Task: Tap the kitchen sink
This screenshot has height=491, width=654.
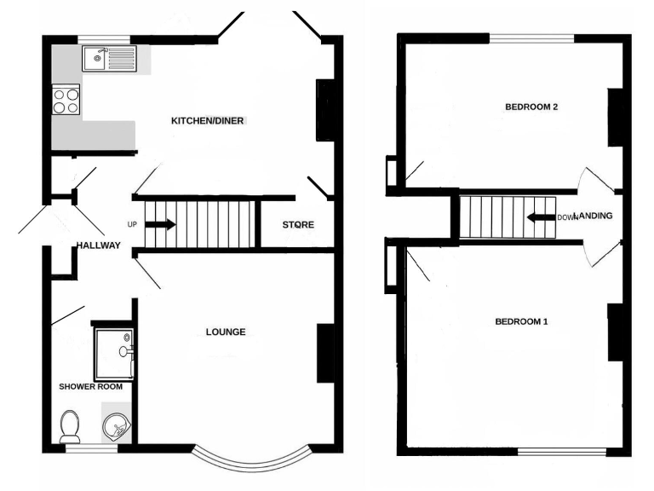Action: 107,59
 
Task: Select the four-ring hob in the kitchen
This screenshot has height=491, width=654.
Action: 66,101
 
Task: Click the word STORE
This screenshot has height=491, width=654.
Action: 298,225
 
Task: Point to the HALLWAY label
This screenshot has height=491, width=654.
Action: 98,246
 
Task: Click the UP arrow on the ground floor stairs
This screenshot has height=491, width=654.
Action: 160,225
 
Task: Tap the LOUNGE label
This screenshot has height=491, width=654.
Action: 226,332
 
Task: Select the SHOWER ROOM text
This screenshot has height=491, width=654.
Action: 90,386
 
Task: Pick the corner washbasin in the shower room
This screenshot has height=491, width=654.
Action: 116,425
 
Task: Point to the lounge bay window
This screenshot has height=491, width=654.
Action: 248,460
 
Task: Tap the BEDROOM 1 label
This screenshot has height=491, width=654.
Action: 521,321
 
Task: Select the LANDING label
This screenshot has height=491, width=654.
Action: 594,217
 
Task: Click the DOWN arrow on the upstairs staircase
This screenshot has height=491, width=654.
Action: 541,217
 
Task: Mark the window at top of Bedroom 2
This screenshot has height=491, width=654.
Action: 531,38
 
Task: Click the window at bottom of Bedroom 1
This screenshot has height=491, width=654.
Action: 561,451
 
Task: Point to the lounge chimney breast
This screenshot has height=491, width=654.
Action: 324,353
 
